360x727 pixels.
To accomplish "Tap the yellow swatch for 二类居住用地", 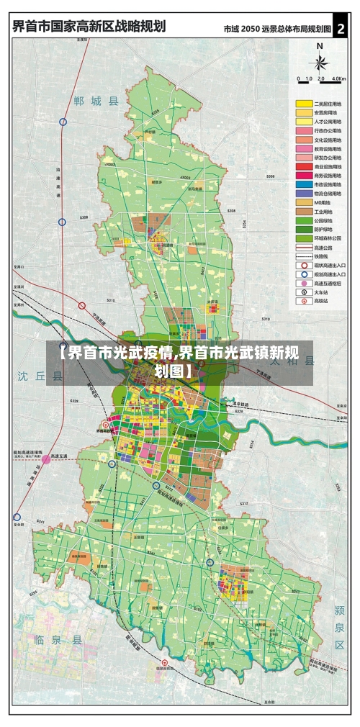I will click(x=303, y=104).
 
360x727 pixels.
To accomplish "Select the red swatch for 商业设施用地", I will click(x=303, y=166).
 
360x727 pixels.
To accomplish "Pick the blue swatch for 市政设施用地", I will click(x=303, y=184).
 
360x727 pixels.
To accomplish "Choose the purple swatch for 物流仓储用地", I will click(x=303, y=194).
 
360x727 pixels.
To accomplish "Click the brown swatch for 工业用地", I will click(x=303, y=212).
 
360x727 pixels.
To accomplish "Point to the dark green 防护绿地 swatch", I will click(x=303, y=229).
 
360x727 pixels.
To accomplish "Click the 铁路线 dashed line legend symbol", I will click(x=303, y=256).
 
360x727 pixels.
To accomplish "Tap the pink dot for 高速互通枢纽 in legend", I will click(x=303, y=283).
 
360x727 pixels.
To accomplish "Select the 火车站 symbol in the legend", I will click(x=303, y=292).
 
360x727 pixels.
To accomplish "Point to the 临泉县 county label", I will click(x=58, y=639).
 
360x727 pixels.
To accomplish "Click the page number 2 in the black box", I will click(x=341, y=28).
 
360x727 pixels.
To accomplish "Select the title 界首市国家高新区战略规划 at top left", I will click(x=88, y=27).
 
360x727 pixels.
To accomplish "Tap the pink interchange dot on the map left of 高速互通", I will click(x=46, y=458).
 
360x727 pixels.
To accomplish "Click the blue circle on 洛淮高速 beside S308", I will click(x=62, y=222).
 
